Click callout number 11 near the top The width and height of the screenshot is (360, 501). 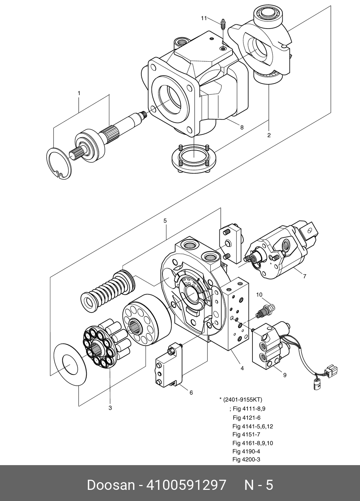coord(204,18)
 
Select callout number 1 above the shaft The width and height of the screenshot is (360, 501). coord(79,93)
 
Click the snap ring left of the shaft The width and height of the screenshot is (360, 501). coord(59,164)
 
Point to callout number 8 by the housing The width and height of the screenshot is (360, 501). coord(242,128)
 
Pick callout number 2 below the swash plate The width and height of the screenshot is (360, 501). coord(269,135)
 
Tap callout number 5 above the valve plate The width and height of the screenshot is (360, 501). coord(165,221)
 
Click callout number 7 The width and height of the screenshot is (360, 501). coord(305,276)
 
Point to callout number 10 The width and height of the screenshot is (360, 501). coord(259,295)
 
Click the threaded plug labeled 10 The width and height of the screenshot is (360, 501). coord(265,311)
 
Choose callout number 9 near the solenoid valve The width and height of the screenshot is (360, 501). coord(285,375)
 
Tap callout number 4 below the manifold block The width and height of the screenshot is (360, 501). coord(242,368)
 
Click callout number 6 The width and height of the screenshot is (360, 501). coord(191,393)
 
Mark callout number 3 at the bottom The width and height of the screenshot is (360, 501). coord(110,408)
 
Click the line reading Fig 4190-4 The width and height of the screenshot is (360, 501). coord(246,451)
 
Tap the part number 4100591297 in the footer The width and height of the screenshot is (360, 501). coord(186,485)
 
